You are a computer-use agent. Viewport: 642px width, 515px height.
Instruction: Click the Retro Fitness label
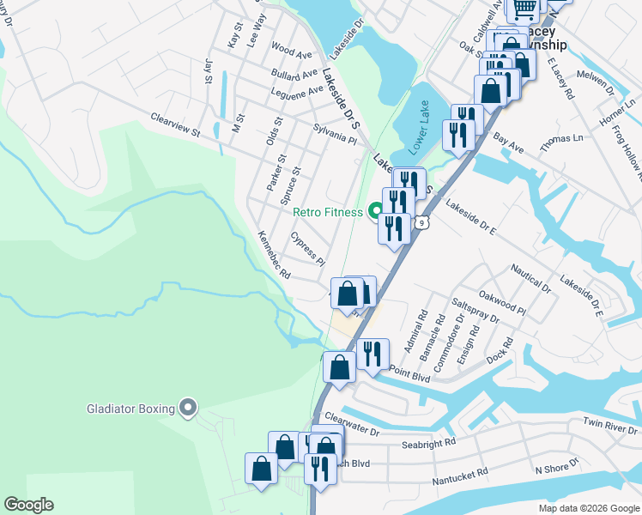tap(328, 212)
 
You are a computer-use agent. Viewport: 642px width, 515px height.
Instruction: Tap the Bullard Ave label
tap(290, 74)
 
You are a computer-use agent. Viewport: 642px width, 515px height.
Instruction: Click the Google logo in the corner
tap(28, 505)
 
